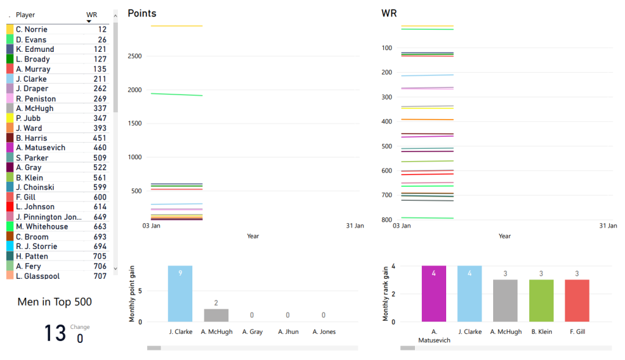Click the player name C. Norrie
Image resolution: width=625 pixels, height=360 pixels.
pyautogui.click(x=31, y=29)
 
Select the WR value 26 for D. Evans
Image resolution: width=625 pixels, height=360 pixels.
pyautogui.click(x=102, y=40)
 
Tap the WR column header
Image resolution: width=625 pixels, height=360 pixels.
pyautogui.click(x=92, y=14)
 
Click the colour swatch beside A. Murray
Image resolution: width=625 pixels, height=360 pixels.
pyautogui.click(x=10, y=69)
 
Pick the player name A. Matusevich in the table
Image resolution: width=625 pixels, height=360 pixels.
pyautogui.click(x=40, y=148)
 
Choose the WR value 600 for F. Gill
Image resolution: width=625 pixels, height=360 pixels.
pyautogui.click(x=99, y=197)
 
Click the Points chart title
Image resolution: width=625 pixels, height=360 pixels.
pyautogui.click(x=142, y=13)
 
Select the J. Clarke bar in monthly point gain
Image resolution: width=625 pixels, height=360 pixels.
pyautogui.click(x=180, y=293)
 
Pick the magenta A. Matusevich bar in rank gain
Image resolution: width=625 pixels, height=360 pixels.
pyautogui.click(x=433, y=293)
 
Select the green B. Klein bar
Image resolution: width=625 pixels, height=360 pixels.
pyautogui.click(x=541, y=300)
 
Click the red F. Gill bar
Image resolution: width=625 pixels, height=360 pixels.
pyautogui.click(x=577, y=300)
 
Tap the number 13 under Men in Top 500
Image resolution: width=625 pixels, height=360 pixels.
pyautogui.click(x=55, y=333)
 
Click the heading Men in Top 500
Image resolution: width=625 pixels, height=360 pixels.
pyautogui.click(x=55, y=301)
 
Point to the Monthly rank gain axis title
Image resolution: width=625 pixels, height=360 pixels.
pyautogui.click(x=386, y=293)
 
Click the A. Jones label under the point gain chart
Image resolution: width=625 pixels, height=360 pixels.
pyautogui.click(x=323, y=332)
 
